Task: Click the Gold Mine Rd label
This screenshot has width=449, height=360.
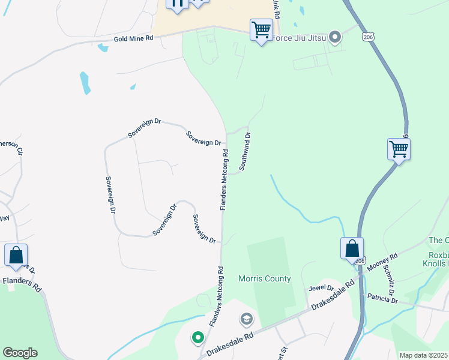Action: pos(134,38)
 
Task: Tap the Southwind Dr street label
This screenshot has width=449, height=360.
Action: pos(244,152)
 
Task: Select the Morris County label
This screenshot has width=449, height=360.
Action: pos(264,278)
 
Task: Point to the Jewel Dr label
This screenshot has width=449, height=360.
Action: pos(321,289)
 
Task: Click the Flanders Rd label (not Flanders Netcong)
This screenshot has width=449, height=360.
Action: pos(22,283)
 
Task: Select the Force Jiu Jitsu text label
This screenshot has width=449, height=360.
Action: pos(298,38)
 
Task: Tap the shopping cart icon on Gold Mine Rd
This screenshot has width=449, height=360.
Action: pos(261,29)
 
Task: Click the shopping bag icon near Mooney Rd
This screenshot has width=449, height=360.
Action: pos(352,248)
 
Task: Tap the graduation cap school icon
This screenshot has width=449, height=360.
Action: pos(247,319)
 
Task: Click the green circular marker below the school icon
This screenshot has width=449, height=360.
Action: pos(198,338)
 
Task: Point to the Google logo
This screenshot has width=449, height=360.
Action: pos(20,353)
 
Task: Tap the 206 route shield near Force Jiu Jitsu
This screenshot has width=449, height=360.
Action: pos(368,37)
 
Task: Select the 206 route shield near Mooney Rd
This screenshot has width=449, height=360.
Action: pos(360,261)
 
